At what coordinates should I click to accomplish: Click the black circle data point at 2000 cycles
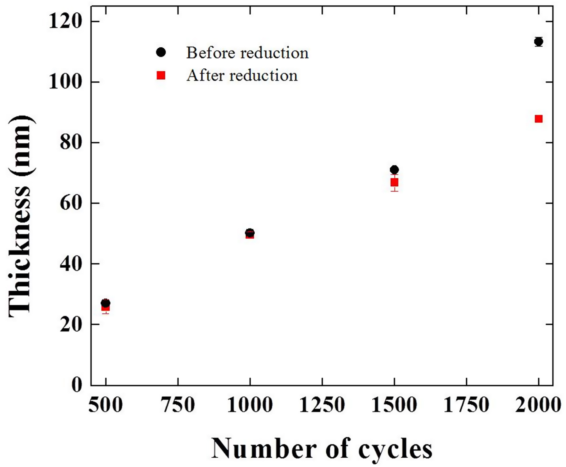coord(539,42)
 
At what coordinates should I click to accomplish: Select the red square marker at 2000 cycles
coord(539,119)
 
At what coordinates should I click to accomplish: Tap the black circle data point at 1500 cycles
coord(394,169)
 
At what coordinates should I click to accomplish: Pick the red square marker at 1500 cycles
coord(394,183)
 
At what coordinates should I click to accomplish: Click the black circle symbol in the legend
coord(161,52)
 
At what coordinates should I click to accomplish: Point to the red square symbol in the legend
coord(161,75)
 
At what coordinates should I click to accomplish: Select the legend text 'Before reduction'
coord(247,53)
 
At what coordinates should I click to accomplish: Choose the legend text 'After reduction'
coord(242,76)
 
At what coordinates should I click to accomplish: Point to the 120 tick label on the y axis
coord(65,21)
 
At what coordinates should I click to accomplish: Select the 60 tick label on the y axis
coord(71,203)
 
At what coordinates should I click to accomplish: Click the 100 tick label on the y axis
coord(65,82)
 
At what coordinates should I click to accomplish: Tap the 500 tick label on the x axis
coord(106,404)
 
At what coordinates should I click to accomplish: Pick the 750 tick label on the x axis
coord(178,404)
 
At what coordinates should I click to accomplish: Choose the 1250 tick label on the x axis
coord(322,404)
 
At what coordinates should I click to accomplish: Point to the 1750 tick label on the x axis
coord(467,404)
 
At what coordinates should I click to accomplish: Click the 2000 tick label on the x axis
coord(538,404)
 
